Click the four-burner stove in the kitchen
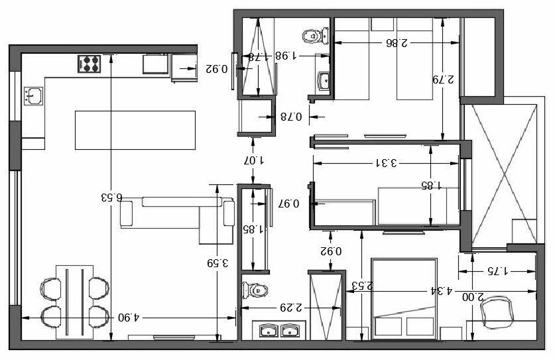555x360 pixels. (90, 64)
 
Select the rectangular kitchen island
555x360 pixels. (135, 130)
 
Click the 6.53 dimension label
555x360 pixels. (111, 197)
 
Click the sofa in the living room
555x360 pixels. (178, 213)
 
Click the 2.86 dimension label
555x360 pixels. (396, 42)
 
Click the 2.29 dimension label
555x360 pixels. (290, 308)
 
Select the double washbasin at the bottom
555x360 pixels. (278, 330)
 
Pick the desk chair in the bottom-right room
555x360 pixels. (498, 310)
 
